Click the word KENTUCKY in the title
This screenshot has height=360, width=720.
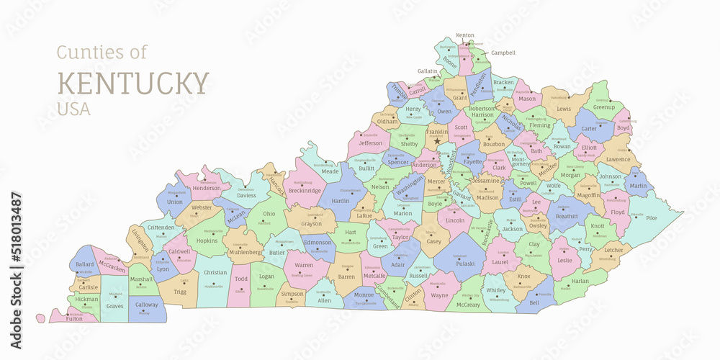[133, 83]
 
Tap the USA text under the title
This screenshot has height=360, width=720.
[74, 109]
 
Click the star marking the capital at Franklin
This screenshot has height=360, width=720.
[436, 141]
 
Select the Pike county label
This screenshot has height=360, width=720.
[651, 218]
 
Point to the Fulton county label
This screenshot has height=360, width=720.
[74, 318]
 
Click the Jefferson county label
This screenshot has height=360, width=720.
[370, 143]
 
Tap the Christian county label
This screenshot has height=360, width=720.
[215, 273]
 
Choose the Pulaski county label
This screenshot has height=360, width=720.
[465, 264]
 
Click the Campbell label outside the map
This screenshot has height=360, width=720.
[503, 53]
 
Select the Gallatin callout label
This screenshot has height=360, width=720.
[428, 71]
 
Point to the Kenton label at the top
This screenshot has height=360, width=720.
[465, 35]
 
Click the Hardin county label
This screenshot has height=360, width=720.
[340, 201]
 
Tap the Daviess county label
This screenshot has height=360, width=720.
[246, 195]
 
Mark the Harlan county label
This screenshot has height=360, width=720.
[580, 281]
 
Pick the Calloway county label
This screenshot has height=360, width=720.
[146, 305]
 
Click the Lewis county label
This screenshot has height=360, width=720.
[564, 109]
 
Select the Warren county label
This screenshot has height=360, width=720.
[303, 265]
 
